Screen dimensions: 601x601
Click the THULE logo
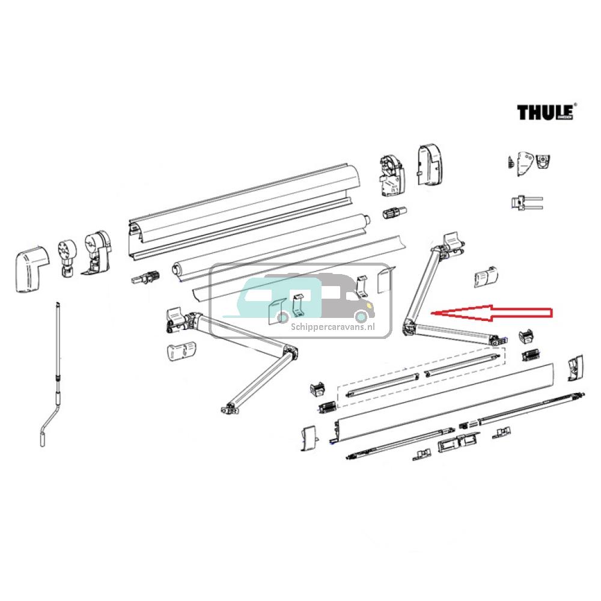(546, 112)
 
